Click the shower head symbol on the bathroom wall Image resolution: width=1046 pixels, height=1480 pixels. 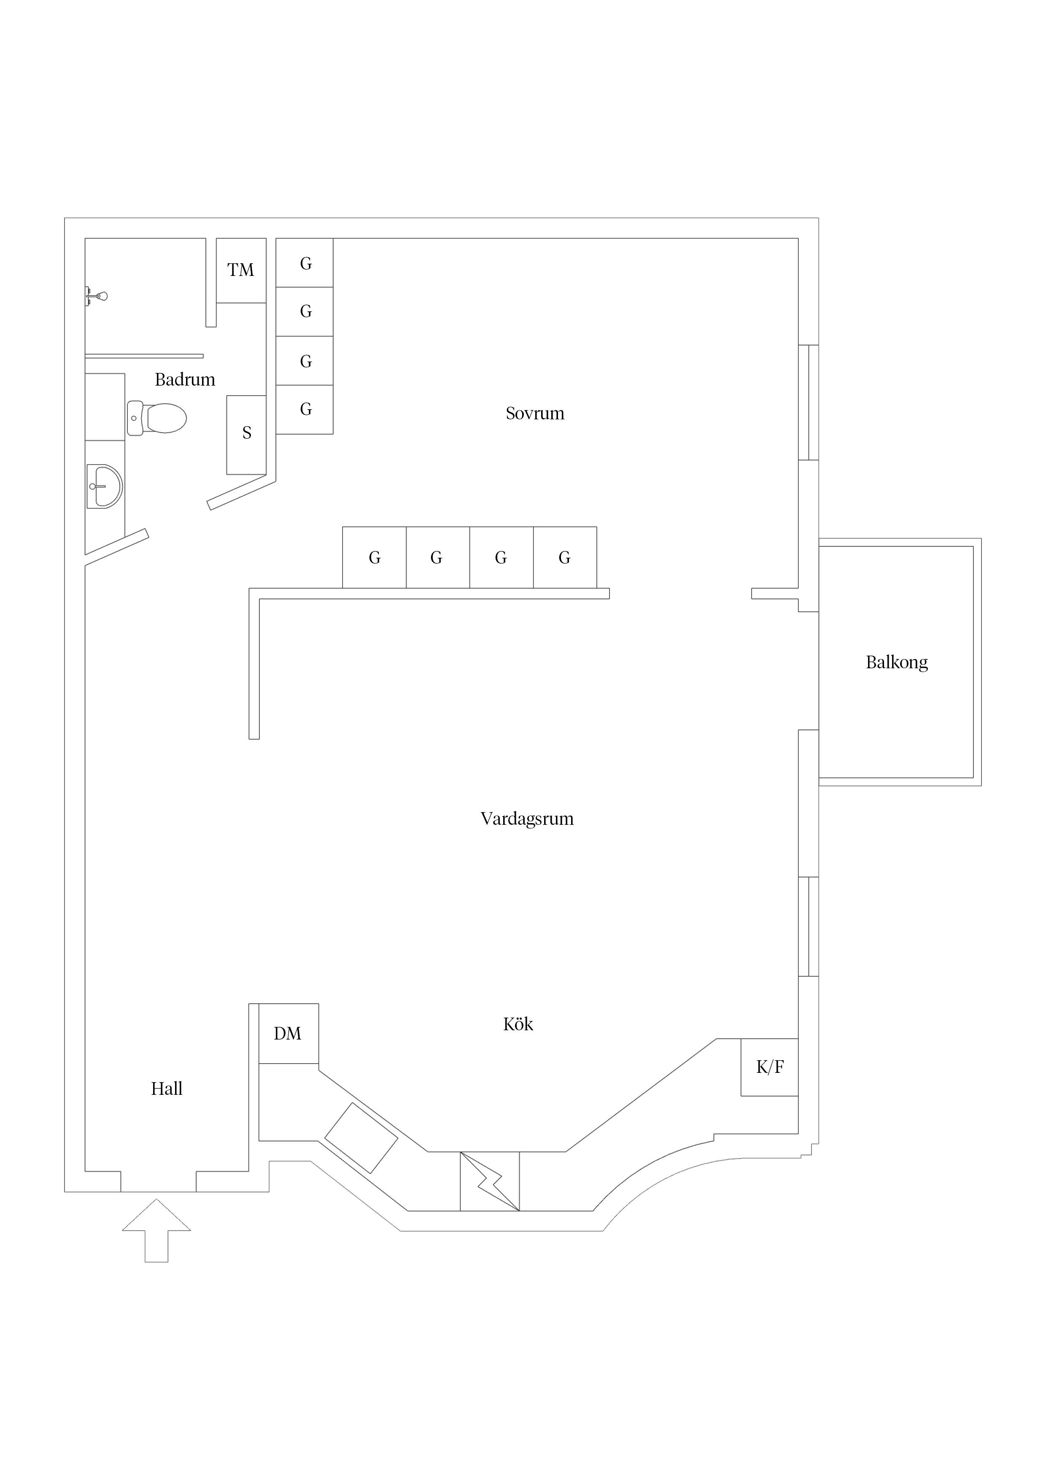coord(97,297)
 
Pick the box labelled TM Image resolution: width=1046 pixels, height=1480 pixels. coord(240,270)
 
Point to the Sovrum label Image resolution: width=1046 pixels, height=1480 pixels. coord(534,413)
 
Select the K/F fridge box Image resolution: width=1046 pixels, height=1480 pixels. coord(769,1067)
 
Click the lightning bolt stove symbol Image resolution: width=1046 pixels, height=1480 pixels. coord(490,1181)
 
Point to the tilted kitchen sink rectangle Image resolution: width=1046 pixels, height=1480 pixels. coord(361,1138)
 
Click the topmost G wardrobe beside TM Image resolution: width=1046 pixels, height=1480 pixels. coord(305,263)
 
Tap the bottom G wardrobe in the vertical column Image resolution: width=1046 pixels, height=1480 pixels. coord(305,409)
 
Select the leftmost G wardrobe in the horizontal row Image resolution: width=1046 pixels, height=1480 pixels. coord(375,558)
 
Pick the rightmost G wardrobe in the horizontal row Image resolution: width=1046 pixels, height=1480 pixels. coord(565,558)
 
